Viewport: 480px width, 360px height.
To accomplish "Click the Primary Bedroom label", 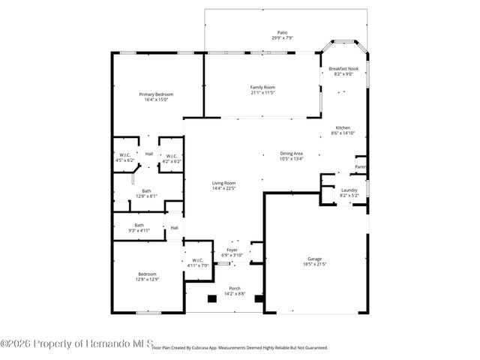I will (157, 94).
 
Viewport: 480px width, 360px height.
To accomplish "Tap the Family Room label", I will (262, 88).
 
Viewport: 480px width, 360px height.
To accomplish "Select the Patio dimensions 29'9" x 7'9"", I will (282, 37).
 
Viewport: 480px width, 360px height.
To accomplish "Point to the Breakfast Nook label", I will (344, 68).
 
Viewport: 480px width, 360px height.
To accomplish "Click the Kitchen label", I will (342, 127).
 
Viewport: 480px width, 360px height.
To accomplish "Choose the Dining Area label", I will (292, 153).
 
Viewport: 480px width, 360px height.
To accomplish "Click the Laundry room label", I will (349, 190).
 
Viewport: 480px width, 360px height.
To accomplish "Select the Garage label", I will (315, 259).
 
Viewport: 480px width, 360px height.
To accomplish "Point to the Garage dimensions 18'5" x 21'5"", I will (315, 264).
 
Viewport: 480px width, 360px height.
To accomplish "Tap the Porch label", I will (235, 288).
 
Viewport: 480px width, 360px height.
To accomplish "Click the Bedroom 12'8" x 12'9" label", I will (147, 274).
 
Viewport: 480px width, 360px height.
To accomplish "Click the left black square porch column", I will (211, 298).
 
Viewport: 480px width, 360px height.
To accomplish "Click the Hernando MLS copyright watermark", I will (76, 343).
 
